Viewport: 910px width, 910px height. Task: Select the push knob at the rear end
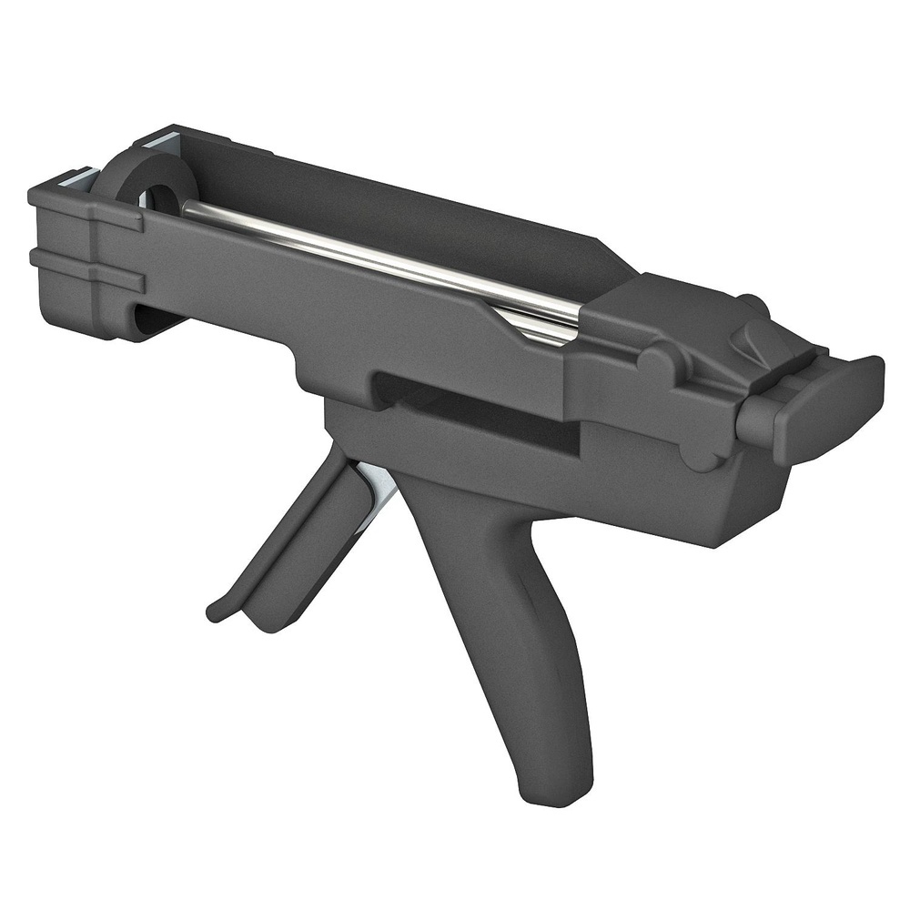tap(819, 400)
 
